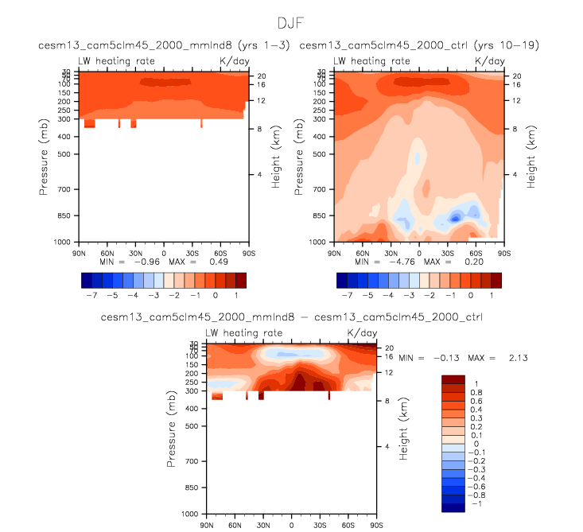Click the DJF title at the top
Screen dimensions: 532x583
291,22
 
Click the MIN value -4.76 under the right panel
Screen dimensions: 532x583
400,261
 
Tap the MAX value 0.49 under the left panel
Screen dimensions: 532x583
196,261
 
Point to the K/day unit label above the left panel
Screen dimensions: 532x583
235,61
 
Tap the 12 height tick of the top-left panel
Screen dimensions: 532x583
259,100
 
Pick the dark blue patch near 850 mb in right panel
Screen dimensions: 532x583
457,216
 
